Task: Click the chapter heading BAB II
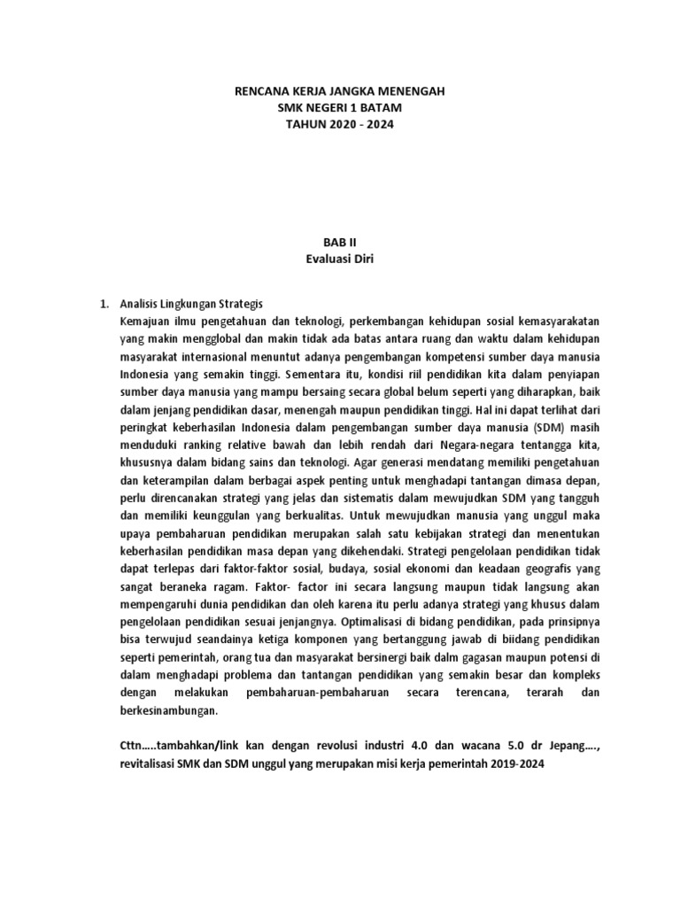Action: pos(339,240)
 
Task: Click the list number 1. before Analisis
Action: pos(102,304)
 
